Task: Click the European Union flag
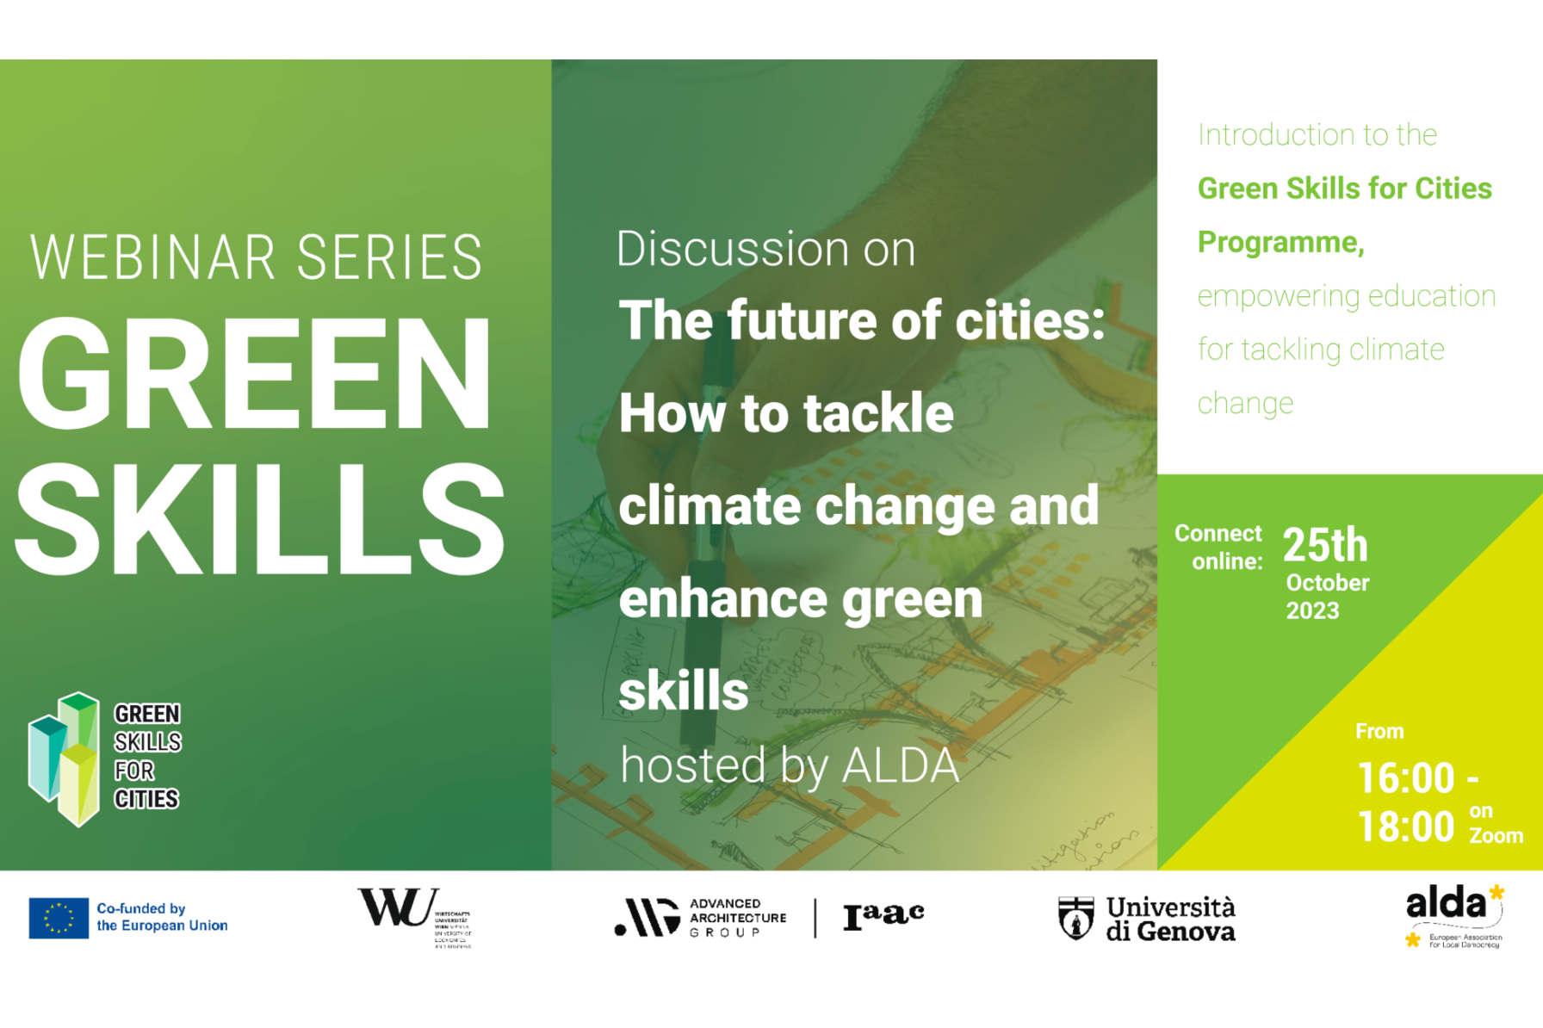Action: point(59,918)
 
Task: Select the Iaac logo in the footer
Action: point(883,916)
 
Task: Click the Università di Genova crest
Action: point(1075,918)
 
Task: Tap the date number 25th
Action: point(1324,545)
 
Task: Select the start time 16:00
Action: point(1406,778)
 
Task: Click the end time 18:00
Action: point(1406,827)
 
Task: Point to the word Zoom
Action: point(1496,836)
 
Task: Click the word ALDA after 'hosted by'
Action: point(900,765)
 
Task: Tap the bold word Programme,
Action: point(1280,243)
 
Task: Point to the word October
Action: point(1327,583)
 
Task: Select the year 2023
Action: point(1312,611)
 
